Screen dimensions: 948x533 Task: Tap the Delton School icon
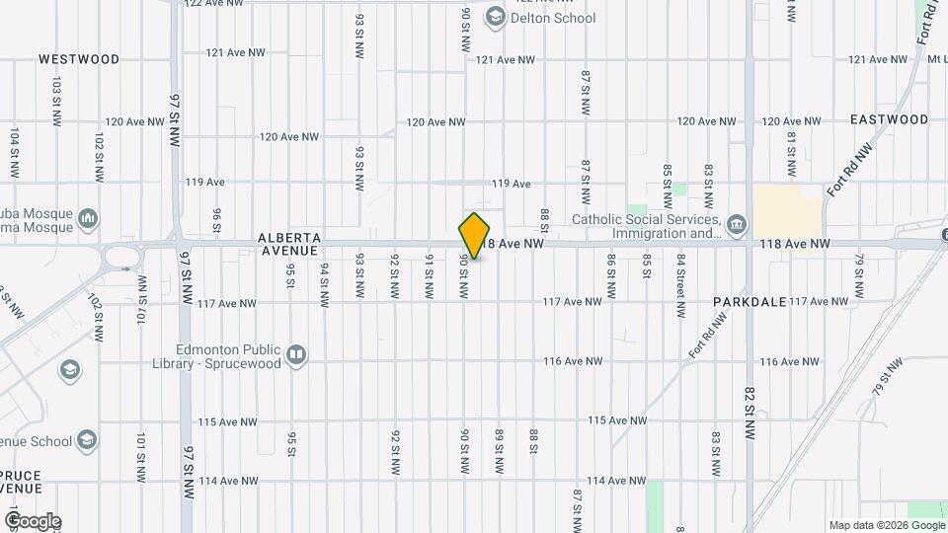495,17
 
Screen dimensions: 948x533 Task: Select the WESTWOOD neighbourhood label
79,59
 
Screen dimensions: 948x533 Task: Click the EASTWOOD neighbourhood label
889,119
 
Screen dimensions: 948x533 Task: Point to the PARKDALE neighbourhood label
750,301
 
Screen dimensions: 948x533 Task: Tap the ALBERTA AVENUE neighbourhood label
289,244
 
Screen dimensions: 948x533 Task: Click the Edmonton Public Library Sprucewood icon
296,354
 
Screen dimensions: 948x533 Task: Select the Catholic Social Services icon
737,226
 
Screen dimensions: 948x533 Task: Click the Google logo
33,521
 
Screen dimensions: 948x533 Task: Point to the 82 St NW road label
750,412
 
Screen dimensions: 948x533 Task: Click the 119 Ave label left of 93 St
205,183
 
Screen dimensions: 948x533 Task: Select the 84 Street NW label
681,285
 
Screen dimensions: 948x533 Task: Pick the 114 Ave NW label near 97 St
228,481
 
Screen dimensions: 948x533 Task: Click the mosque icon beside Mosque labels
88,216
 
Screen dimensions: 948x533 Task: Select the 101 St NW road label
141,451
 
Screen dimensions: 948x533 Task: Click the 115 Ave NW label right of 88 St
617,420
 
